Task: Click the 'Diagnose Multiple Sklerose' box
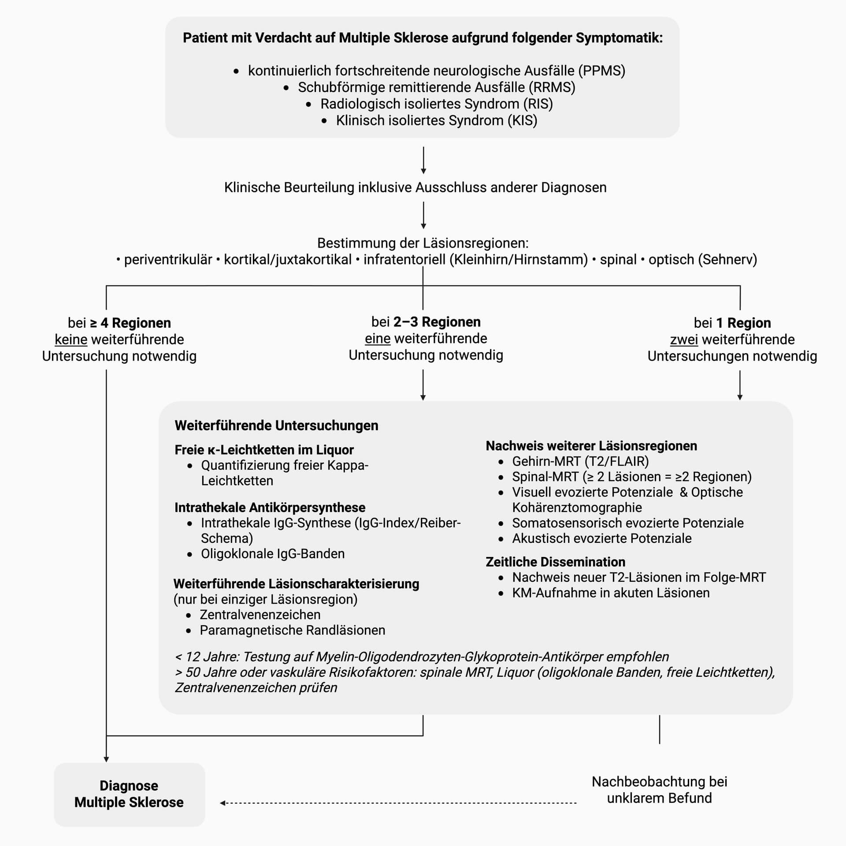(x=129, y=794)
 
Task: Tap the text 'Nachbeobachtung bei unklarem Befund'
(x=659, y=790)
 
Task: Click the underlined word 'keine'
(x=71, y=340)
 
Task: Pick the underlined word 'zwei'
(x=684, y=340)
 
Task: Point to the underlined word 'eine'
(x=378, y=338)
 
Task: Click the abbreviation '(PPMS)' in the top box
(x=602, y=70)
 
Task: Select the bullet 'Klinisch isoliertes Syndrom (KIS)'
(x=436, y=120)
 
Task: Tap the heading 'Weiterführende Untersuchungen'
(x=276, y=426)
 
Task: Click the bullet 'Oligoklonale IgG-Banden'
(x=273, y=553)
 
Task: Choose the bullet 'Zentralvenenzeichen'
(x=260, y=615)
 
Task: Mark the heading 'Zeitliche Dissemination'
(x=555, y=562)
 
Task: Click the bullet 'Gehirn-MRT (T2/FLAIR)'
(x=580, y=461)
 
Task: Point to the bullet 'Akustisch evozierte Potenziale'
(x=601, y=538)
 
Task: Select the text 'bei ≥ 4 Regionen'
(x=119, y=323)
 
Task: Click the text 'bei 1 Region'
(x=732, y=323)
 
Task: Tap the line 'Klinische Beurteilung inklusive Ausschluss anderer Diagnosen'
(x=415, y=187)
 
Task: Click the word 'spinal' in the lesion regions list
(x=618, y=260)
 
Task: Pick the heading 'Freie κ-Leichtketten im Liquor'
(x=264, y=450)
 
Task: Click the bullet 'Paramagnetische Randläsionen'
(x=292, y=630)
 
